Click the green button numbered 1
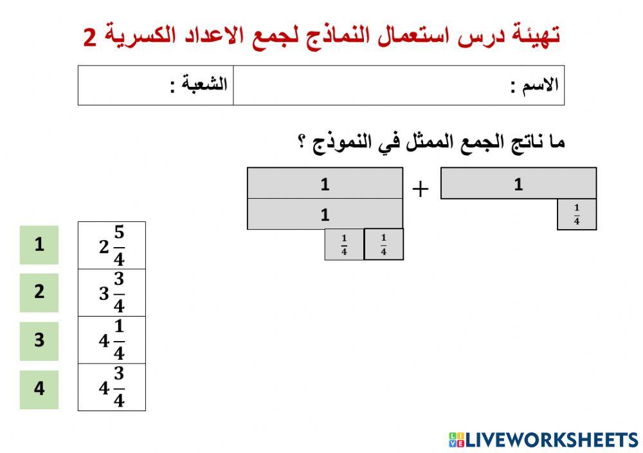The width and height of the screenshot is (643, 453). (39, 245)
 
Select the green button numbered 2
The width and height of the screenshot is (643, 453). (39, 293)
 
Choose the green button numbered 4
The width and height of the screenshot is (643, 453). (39, 389)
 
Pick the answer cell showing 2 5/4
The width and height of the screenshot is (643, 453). (112, 246)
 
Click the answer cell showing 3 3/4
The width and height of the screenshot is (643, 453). (112, 293)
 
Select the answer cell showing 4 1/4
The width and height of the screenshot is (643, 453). (112, 340)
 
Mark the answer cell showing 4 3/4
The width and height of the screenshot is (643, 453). (112, 387)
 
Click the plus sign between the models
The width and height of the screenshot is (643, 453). (420, 189)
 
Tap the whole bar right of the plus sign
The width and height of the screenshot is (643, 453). (518, 184)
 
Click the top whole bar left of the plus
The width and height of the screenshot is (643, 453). (325, 183)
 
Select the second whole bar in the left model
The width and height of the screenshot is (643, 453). (325, 214)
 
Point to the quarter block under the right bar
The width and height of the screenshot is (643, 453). (577, 214)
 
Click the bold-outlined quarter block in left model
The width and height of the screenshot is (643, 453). (384, 245)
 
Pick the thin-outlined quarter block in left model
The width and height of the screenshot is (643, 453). (344, 245)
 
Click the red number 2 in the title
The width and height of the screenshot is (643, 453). (90, 37)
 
